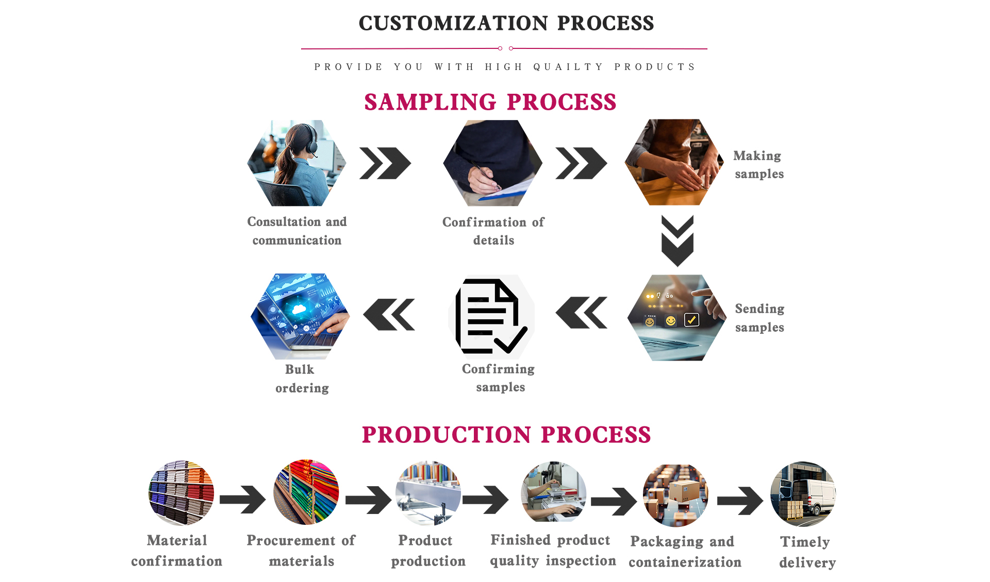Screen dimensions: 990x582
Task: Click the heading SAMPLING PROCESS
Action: [x=490, y=102]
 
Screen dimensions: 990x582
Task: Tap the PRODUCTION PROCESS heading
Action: [x=506, y=435]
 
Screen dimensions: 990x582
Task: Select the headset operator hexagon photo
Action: [x=296, y=163]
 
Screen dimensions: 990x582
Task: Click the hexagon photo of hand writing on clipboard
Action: [x=492, y=163]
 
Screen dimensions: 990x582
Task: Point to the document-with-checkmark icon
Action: [x=491, y=317]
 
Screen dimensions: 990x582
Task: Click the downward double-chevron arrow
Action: [x=677, y=241]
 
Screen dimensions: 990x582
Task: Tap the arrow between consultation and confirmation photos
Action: [x=385, y=163]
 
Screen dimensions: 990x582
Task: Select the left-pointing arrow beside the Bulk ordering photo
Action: [x=389, y=314]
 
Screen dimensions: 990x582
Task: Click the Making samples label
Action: [x=758, y=164]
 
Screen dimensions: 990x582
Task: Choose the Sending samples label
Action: [x=760, y=318]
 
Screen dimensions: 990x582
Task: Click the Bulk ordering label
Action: [x=302, y=379]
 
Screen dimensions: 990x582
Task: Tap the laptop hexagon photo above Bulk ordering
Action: [x=300, y=316]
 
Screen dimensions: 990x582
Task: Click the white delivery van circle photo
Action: [x=803, y=494]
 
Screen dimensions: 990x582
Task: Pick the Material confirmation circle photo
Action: [x=181, y=493]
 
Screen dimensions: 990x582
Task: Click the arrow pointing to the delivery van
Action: [x=740, y=500]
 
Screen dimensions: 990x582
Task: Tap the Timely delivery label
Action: [x=807, y=552]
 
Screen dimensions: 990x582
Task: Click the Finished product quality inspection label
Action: [x=553, y=550]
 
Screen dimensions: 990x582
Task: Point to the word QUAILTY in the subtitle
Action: [x=568, y=67]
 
